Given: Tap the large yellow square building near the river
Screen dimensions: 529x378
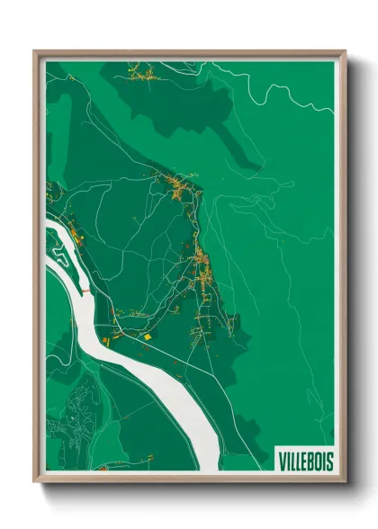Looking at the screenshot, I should (x=147, y=336).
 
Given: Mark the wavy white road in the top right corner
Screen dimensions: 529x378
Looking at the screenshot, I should (x=297, y=90).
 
